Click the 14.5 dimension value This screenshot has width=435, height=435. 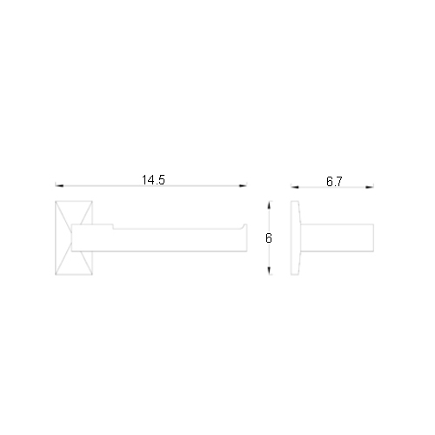153,180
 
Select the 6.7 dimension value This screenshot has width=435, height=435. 334,182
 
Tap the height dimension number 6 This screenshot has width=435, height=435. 269,238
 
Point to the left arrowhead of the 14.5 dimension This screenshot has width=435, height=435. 59,185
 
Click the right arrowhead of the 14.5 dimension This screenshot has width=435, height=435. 243,185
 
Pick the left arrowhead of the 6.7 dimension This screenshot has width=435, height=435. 295,187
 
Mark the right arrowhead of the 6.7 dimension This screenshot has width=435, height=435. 370,187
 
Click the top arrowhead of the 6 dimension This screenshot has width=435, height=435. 269,205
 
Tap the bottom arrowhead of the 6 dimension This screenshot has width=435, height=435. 269,271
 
